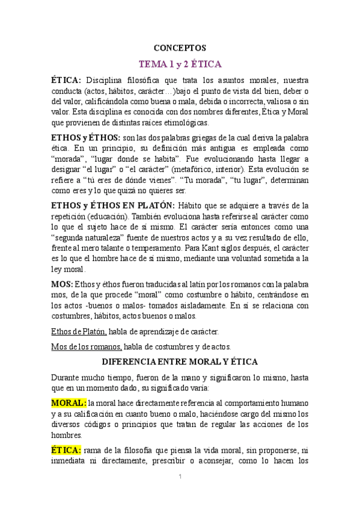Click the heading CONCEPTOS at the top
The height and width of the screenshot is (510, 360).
pos(180,48)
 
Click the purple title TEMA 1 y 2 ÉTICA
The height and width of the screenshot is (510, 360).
pos(180,64)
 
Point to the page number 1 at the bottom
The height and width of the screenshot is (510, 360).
pos(180,476)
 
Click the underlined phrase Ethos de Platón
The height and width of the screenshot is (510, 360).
pos(79,331)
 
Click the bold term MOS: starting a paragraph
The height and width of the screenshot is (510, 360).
pos(62,284)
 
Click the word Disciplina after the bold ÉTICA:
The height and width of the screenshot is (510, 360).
pos(108,80)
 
